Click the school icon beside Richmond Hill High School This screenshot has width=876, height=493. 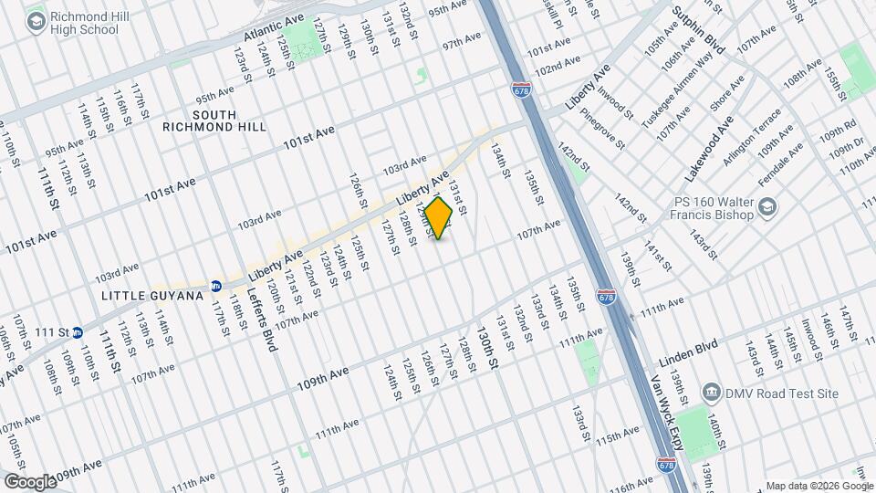(36, 23)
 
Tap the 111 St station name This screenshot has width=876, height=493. (50, 332)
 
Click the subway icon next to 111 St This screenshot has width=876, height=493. (78, 332)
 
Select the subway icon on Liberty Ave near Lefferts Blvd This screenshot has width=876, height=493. (216, 286)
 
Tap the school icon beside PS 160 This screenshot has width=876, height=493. (769, 209)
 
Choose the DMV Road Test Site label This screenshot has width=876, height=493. (781, 393)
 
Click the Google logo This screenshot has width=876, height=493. (29, 481)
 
